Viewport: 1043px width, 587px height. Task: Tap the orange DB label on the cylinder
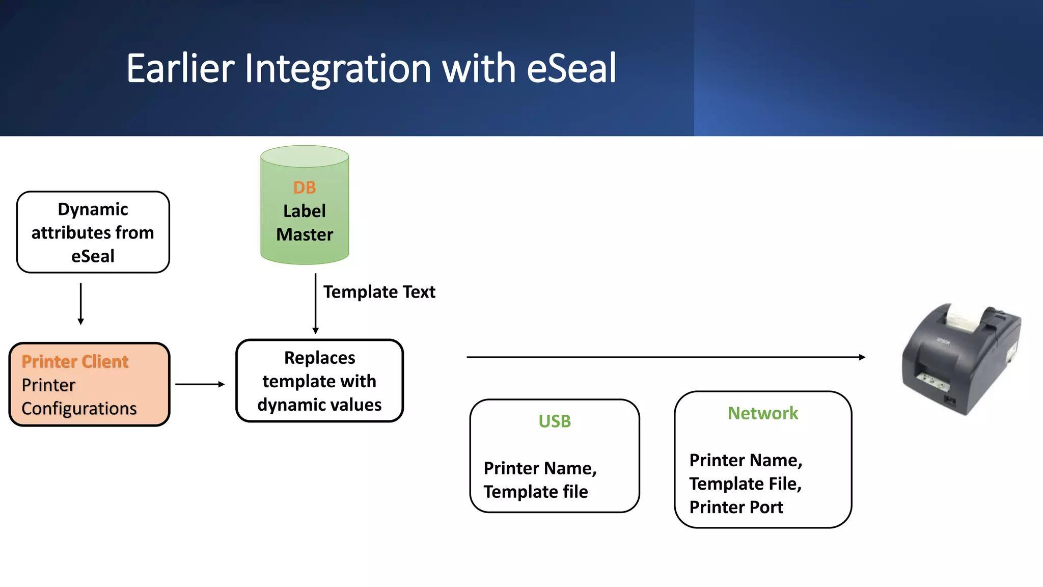305,188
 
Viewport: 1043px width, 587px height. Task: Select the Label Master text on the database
305,223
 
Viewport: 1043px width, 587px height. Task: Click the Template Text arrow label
379,292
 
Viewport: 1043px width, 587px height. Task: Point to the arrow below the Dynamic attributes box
80,304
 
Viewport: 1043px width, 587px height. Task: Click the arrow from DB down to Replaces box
315,304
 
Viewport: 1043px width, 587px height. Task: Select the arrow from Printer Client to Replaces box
200,384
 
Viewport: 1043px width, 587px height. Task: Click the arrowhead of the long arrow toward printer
862,357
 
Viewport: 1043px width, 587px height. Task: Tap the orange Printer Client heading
75,361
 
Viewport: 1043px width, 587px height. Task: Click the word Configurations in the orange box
79,409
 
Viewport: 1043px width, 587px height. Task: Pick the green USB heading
555,421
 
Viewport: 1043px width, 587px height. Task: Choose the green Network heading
762,413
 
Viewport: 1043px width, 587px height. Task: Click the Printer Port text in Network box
736,508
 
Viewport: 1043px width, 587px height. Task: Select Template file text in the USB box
536,492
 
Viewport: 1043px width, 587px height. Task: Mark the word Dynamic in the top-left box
93,209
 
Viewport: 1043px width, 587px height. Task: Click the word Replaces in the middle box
319,358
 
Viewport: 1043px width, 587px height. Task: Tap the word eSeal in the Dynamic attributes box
93,256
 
